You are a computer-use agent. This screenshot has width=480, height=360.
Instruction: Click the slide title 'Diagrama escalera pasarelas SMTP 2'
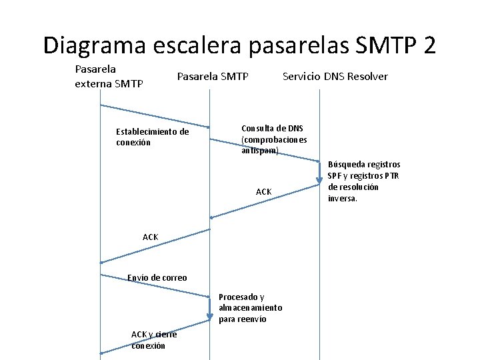pos(240,45)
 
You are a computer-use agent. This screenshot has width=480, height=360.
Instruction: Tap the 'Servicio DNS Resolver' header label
pos(335,76)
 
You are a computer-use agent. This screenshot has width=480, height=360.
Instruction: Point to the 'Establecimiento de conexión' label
pos(152,137)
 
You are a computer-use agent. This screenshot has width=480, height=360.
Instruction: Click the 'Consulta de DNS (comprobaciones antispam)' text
pos(274,139)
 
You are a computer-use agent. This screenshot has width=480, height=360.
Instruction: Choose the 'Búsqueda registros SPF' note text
pos(363,181)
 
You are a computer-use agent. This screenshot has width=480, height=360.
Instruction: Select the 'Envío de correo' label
pos(157,277)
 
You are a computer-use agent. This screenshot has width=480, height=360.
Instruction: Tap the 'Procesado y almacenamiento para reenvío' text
pos(250,308)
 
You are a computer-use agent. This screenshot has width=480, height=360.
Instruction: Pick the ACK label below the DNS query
pos(264,192)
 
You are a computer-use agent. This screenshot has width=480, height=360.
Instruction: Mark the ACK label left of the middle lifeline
pos(151,237)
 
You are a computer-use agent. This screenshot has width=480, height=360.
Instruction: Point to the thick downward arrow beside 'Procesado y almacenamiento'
pos(209,307)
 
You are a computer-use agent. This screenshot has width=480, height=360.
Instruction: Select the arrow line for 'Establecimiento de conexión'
pos(155,116)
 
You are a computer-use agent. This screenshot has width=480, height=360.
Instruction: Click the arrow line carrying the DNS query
pos(264,150)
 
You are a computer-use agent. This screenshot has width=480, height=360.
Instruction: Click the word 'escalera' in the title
pos(197,45)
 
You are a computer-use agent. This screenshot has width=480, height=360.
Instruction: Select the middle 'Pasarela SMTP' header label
pos(213,76)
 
